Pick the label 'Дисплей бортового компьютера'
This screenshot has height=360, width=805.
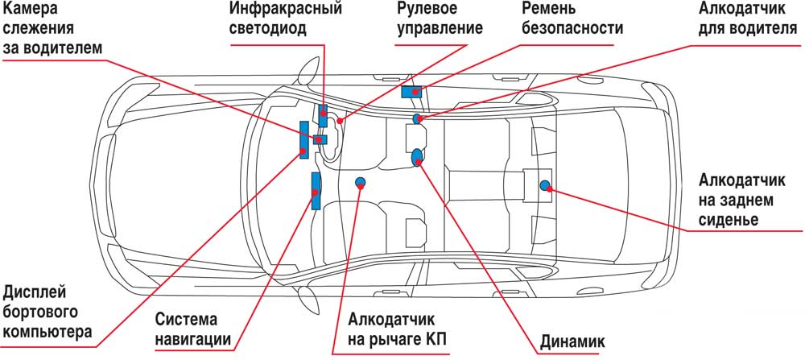tap(46, 310)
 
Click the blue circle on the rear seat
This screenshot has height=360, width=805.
tap(545, 186)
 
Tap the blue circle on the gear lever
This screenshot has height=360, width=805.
tap(360, 182)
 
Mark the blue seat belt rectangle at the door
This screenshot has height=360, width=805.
tap(412, 91)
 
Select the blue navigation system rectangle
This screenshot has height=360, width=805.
tap(316, 190)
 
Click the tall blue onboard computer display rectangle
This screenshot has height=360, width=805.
tap(303, 139)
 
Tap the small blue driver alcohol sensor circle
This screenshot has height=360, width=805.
tap(418, 119)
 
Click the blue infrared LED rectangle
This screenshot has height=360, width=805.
tap(323, 113)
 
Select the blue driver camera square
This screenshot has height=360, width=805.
tap(320, 139)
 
